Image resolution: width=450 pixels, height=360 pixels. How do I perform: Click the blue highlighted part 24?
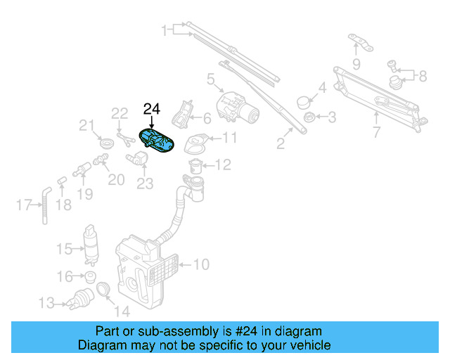pos(157,140)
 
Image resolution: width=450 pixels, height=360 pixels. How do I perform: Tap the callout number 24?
pos(152,109)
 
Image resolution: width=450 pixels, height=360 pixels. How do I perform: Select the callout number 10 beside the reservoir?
pos(201,265)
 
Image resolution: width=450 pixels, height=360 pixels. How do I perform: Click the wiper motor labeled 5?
pos(238,107)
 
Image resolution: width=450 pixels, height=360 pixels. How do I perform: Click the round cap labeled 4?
pos(305,101)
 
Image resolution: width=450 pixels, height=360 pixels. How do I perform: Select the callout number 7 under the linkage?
pos(376,131)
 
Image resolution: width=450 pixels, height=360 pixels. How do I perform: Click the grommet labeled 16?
pos(90,275)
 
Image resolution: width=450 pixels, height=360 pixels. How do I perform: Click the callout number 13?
pos(46,304)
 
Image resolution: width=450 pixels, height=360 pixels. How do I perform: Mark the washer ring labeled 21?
pos(107,143)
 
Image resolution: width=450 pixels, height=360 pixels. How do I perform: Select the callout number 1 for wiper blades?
pos(166,30)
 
